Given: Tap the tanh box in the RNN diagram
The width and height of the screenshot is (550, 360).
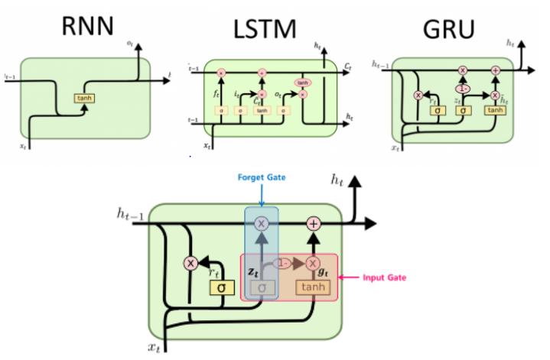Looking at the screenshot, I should pos(84,99).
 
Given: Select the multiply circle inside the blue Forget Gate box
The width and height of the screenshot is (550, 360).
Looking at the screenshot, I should pos(262,224).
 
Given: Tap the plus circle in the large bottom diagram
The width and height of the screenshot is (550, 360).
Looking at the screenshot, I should pos(313,224).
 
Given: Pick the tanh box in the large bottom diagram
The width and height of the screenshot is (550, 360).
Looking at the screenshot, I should pos(314,287).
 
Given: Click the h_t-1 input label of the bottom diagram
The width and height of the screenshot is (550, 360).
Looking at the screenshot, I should pos(130,218).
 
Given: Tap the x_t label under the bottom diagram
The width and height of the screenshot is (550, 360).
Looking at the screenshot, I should pos(155,348).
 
